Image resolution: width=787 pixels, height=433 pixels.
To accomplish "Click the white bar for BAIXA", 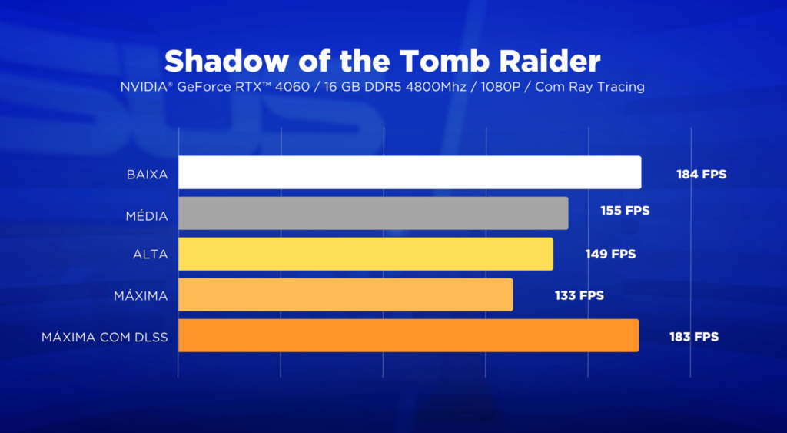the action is (410, 172).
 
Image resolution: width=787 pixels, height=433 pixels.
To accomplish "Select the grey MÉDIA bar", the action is (374, 213).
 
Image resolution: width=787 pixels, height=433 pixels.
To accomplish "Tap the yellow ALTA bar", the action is (366, 254).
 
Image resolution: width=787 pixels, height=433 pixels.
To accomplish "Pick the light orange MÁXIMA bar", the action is (346, 295).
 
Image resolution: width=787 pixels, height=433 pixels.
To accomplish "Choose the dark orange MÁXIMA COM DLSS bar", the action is (409, 335).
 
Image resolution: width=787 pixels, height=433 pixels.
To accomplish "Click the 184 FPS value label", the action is (701, 175).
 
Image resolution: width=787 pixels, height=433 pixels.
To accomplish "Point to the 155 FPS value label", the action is (625, 211).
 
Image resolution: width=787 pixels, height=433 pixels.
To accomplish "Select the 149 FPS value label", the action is (610, 254).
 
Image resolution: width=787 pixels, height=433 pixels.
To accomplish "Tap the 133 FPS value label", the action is (579, 295).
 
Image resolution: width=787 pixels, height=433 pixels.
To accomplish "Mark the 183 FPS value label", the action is (694, 337).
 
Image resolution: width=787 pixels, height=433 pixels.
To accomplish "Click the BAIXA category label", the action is (147, 175).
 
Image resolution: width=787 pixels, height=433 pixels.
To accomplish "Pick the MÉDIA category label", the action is (147, 216).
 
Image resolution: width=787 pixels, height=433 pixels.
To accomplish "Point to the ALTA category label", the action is (151, 255).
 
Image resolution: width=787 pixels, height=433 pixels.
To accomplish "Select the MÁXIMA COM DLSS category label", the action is (105, 337).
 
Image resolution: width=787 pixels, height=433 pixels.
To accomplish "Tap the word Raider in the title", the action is (550, 62).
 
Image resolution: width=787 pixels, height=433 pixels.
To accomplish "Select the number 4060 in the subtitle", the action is (292, 86).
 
